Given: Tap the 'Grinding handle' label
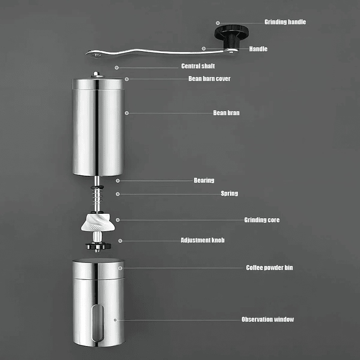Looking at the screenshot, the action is pyautogui.click(x=285, y=22).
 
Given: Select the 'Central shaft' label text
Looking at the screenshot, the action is pyautogui.click(x=198, y=66).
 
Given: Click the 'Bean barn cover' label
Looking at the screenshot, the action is pyautogui.click(x=209, y=79).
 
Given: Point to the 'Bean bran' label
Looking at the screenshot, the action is pyautogui.click(x=226, y=113).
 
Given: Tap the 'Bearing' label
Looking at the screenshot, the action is pyautogui.click(x=204, y=180).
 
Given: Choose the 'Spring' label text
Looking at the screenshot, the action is pyautogui.click(x=229, y=194).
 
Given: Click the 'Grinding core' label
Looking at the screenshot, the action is pyautogui.click(x=262, y=220).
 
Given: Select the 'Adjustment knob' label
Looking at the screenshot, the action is pyautogui.click(x=202, y=240).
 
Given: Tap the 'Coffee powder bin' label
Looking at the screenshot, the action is pyautogui.click(x=269, y=268).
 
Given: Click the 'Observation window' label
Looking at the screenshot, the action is pyautogui.click(x=268, y=319).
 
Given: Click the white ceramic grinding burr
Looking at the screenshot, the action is pyautogui.click(x=98, y=222).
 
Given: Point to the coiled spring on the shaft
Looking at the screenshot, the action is pyautogui.click(x=97, y=196).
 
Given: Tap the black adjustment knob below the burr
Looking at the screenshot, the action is pyautogui.click(x=98, y=246).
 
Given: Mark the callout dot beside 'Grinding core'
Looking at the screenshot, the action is pyautogui.click(x=118, y=220).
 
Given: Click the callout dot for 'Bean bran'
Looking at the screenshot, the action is pyautogui.click(x=127, y=113).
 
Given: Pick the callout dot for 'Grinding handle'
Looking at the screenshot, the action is pyautogui.click(x=218, y=23).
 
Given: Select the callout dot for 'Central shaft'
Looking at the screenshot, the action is pyautogui.click(x=117, y=68).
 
